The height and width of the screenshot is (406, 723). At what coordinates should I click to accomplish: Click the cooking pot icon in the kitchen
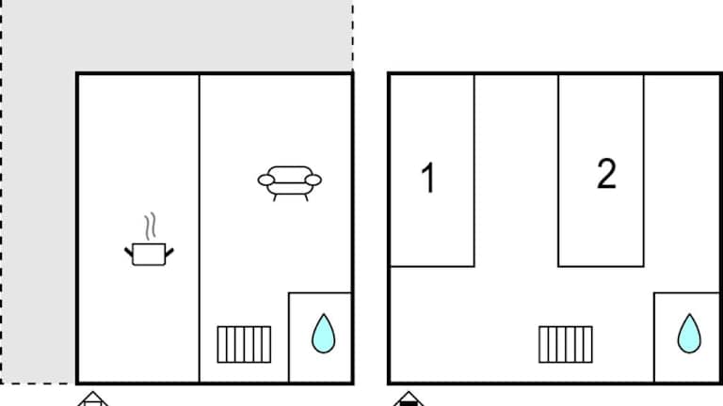point(149,254)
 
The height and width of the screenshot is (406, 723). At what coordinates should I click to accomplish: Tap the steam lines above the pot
point(150,226)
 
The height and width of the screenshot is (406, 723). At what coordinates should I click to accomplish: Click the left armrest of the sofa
point(266,180)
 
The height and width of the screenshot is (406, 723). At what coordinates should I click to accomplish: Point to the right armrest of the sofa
point(313,180)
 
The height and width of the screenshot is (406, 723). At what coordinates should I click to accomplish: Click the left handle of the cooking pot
point(129,252)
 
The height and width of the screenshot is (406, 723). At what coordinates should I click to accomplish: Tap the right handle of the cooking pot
point(169,252)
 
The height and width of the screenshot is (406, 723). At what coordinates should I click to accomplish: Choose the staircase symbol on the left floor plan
point(244,344)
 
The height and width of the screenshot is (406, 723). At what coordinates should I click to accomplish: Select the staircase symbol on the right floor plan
point(566,344)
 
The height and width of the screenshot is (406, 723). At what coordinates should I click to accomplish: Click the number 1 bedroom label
point(428,178)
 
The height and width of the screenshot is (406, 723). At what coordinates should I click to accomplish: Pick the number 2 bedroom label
point(606,174)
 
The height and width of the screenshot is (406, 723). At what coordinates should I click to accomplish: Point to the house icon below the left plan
point(92,399)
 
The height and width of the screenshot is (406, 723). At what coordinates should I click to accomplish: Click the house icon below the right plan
point(409,399)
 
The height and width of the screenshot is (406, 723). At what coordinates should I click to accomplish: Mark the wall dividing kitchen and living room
point(200,228)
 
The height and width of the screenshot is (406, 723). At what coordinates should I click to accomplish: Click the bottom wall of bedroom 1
point(432,266)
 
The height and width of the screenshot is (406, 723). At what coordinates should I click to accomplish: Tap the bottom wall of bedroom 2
point(601,266)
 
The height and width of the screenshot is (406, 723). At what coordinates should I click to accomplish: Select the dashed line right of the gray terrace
point(353,36)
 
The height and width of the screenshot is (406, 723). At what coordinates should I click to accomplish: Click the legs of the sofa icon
point(291,197)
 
